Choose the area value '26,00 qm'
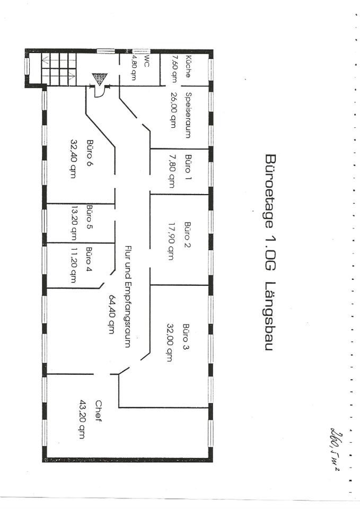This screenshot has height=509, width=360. pos(173,115)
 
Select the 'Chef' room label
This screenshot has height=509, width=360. pos(98,411)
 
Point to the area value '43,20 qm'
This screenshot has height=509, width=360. pos(83,419)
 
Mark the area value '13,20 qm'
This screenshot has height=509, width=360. pos(74,222)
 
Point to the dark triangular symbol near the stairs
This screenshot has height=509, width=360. pos(99,79)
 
